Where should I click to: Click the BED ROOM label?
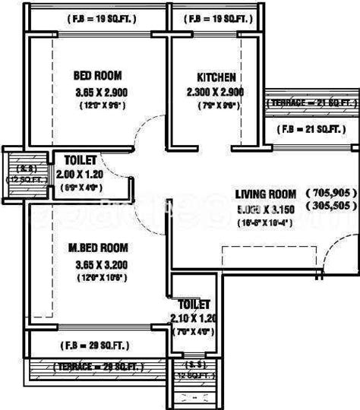tap(97, 76)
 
